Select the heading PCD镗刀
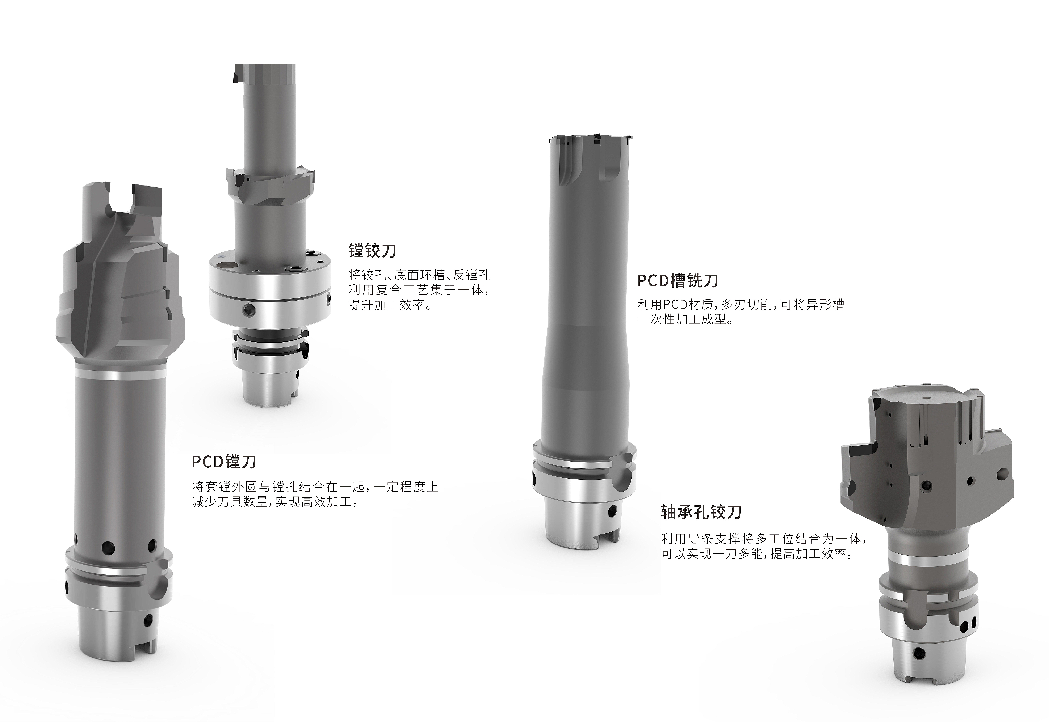tap(224, 462)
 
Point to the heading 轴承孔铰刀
tap(701, 512)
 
